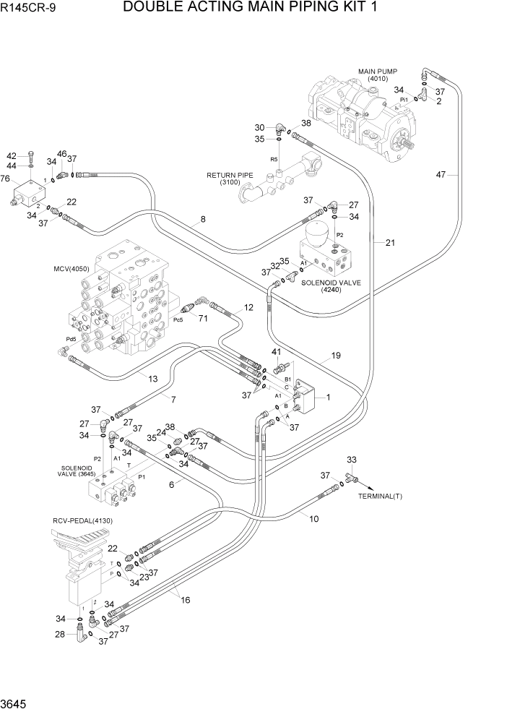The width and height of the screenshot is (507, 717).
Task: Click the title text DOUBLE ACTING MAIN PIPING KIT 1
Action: pyautogui.click(x=251, y=8)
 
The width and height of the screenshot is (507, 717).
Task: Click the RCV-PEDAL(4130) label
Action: pyautogui.click(x=82, y=520)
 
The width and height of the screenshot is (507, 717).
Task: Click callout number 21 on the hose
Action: pyautogui.click(x=390, y=243)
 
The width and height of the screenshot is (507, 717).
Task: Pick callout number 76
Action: pyautogui.click(x=6, y=179)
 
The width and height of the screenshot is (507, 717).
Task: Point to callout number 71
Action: pyautogui.click(x=204, y=318)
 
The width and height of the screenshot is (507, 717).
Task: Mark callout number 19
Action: pyautogui.click(x=335, y=355)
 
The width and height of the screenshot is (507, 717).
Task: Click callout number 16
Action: pyautogui.click(x=185, y=599)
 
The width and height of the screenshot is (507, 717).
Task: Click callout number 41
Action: pyautogui.click(x=275, y=352)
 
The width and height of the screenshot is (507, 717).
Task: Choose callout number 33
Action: pyautogui.click(x=352, y=460)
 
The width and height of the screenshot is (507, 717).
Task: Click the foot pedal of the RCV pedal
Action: pyautogui.click(x=81, y=544)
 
